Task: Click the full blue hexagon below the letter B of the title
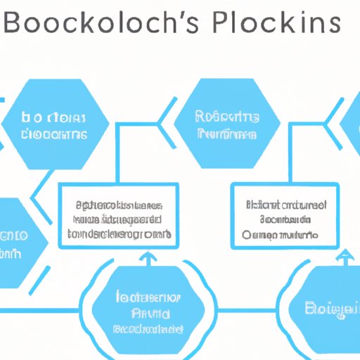(x=54, y=124)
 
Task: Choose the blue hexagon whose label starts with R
(x=228, y=124)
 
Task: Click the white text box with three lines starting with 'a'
(x=118, y=216)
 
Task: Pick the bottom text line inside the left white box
(x=118, y=231)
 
